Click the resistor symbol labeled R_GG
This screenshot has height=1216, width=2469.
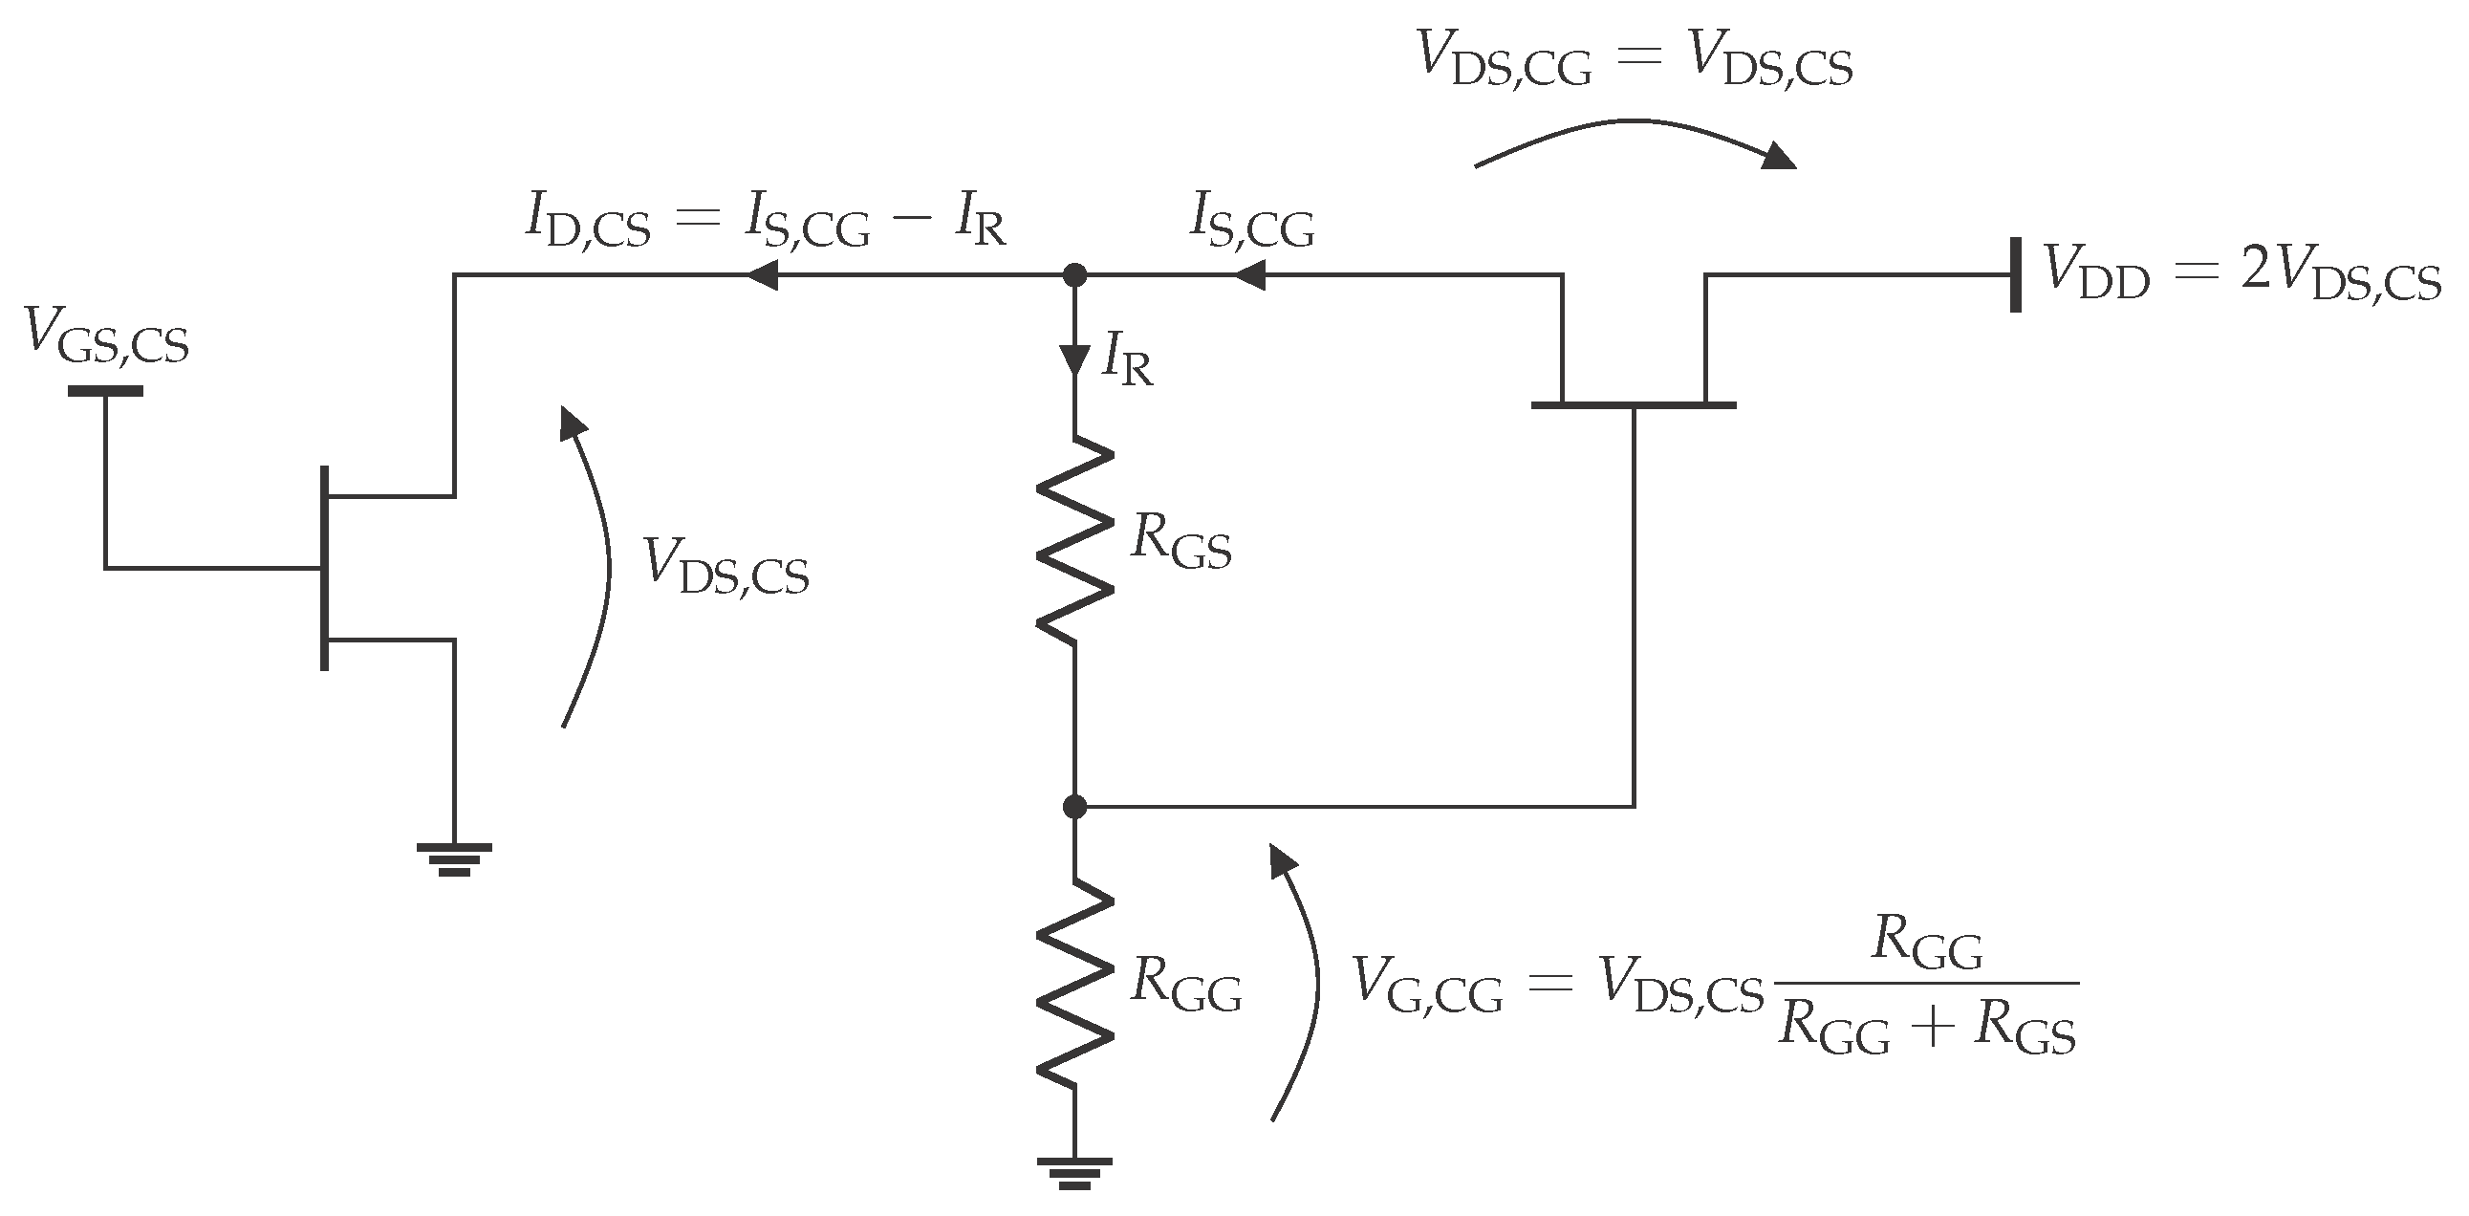point(1074,982)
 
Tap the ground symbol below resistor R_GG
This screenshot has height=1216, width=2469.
point(1074,1172)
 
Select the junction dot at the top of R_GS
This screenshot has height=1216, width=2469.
point(1074,276)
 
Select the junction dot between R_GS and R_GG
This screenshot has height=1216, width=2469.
point(1074,807)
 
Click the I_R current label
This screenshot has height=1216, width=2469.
point(1127,360)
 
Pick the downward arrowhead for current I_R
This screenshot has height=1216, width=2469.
point(1074,358)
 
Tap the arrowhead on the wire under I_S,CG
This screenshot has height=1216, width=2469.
point(1248,276)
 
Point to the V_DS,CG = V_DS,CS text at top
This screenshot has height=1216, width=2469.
point(1635,59)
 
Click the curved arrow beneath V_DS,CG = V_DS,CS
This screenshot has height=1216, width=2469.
point(1635,139)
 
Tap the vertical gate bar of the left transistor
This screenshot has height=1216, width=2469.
point(325,567)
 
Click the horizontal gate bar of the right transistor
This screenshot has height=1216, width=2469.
point(1634,405)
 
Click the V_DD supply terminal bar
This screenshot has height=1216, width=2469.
point(2016,275)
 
